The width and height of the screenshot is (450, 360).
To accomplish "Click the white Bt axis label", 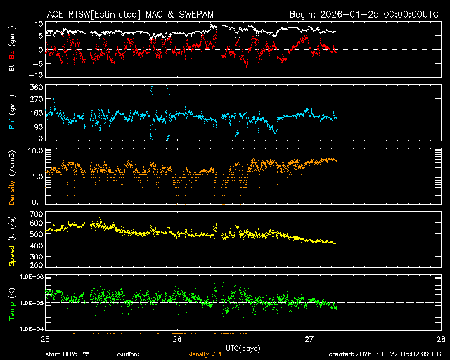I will (12, 69).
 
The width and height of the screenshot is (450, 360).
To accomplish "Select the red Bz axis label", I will (12, 57).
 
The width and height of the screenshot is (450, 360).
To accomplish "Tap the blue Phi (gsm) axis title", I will (12, 115).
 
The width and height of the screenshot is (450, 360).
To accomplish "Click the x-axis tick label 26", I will (176, 339).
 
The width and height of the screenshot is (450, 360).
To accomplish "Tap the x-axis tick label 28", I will (440, 339).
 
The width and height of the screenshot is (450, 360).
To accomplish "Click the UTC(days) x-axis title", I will (242, 347).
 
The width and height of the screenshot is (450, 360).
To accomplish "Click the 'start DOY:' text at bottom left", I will (62, 354).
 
